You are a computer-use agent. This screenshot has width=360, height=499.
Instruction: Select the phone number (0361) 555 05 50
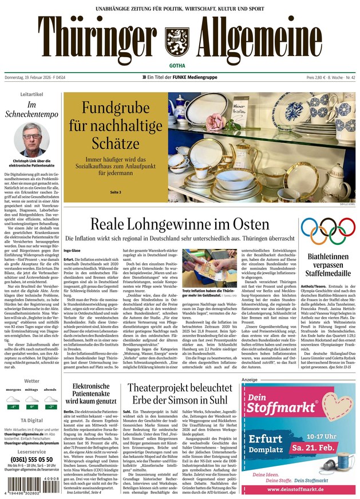31,460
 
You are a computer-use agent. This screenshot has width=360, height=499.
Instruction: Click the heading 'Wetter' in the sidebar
31,381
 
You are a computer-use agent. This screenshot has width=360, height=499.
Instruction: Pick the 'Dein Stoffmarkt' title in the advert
283,405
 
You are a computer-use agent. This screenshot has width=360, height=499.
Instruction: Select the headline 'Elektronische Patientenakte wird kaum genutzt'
91,394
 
